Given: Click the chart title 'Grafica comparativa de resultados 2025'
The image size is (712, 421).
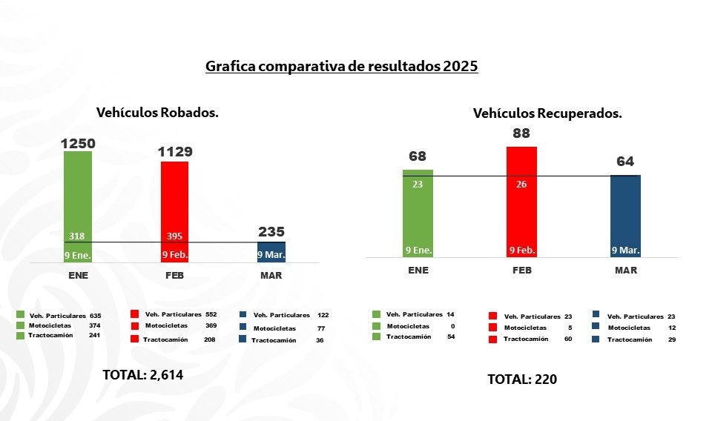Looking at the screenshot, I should [x=341, y=66].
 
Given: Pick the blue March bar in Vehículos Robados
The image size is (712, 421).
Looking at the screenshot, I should [x=271, y=252].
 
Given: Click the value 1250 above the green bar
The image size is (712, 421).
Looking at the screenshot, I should [x=77, y=142].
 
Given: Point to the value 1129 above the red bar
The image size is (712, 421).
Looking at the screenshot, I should [x=174, y=151].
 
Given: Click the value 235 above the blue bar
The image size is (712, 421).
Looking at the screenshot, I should [x=271, y=231].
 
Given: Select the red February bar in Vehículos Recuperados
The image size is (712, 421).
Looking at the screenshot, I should [x=521, y=200].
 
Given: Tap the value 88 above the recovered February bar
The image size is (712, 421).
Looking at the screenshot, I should [x=521, y=134].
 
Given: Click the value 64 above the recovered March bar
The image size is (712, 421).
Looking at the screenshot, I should [x=625, y=162].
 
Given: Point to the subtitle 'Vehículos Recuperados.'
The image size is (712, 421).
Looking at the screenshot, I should [x=547, y=114].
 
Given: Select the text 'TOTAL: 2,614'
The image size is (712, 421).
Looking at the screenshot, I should [x=142, y=375].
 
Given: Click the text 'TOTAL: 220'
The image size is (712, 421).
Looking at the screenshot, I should [x=521, y=379].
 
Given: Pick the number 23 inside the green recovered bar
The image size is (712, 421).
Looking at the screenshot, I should [x=418, y=185].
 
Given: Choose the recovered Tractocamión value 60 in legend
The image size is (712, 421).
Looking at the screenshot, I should [x=567, y=339].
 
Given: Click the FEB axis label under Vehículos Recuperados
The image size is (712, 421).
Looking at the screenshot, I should [x=521, y=271].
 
